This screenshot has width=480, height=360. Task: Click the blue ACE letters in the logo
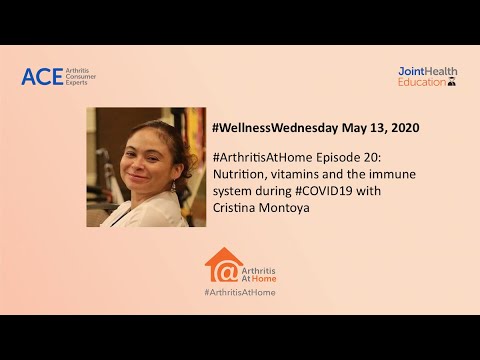click(42, 77)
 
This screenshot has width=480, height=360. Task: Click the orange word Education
click(421, 83)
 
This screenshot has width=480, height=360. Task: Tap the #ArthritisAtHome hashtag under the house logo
click(240, 292)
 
